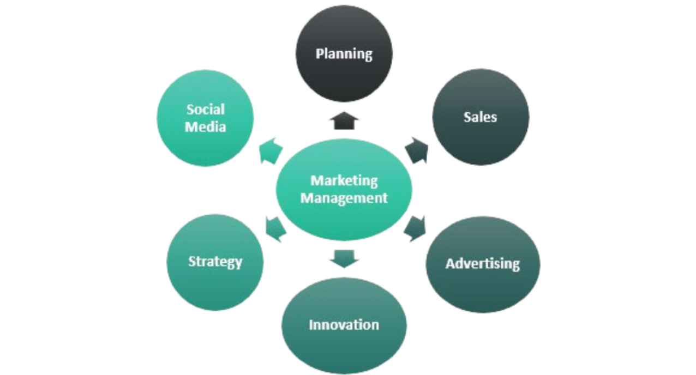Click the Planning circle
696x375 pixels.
tap(344, 53)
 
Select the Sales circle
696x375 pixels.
tap(481, 117)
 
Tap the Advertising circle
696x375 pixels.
tap(483, 264)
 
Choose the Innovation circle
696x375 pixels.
tap(344, 325)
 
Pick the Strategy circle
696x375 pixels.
tap(215, 262)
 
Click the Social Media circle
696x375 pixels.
tap(205, 118)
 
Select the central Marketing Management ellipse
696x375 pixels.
tap(344, 190)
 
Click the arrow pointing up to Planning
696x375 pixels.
tap(344, 120)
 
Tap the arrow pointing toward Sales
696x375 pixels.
tap(417, 150)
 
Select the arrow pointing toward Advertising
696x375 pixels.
tap(415, 229)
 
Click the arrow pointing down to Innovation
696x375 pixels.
tap(344, 259)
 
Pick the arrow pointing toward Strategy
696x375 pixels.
tap(275, 229)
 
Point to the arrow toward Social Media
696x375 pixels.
tap(271, 151)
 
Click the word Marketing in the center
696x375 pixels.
tap(344, 180)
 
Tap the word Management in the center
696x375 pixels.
tap(344, 198)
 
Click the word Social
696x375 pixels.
tap(206, 109)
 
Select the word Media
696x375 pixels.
tap(205, 126)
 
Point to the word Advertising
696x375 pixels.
tap(483, 264)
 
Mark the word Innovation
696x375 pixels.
tap(344, 325)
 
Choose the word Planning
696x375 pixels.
tap(344, 54)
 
